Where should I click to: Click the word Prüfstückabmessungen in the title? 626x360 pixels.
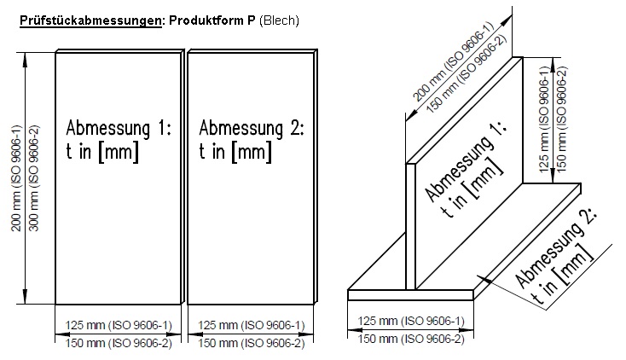click(x=90, y=20)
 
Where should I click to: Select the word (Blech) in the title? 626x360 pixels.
click(x=279, y=20)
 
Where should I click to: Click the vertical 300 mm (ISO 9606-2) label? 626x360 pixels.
click(x=34, y=178)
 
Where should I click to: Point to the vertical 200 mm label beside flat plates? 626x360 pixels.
click(x=16, y=178)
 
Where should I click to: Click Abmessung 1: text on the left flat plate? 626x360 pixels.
click(x=119, y=128)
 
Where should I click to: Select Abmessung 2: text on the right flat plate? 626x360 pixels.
click(x=252, y=128)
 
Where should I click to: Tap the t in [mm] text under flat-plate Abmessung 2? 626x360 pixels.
click(x=235, y=152)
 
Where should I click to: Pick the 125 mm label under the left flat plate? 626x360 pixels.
click(x=119, y=325)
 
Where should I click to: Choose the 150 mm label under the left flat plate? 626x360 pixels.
click(x=119, y=343)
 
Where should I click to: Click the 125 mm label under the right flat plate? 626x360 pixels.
click(x=252, y=325)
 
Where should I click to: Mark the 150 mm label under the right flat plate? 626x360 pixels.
click(x=252, y=343)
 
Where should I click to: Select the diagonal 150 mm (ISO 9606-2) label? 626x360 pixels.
click(x=467, y=73)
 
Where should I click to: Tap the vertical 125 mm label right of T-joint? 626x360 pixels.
click(x=544, y=119)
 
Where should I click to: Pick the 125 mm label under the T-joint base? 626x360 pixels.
click(x=411, y=321)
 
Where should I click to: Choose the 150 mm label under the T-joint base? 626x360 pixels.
click(x=411, y=339)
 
